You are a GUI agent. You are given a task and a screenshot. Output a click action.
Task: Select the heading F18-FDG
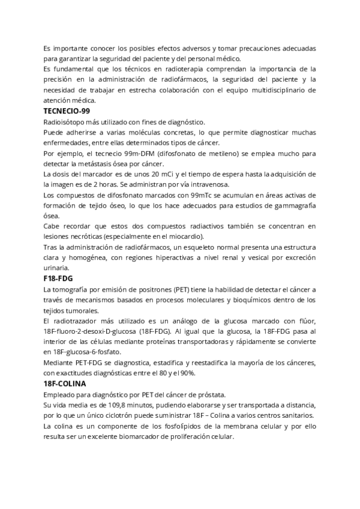click(59, 279)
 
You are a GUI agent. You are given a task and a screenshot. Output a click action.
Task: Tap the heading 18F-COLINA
click(65, 383)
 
